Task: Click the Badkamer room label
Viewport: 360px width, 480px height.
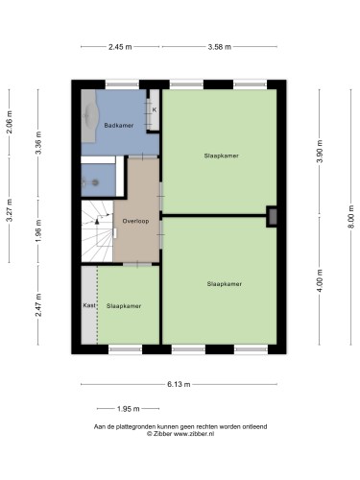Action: pos(119,126)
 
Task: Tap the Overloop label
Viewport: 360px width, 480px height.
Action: pos(135,221)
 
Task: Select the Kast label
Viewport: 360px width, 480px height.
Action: pos(89,305)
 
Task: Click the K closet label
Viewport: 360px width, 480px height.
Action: pos(155,109)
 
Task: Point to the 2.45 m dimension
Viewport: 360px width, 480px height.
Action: pos(120,47)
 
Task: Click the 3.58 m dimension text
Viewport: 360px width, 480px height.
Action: pos(220,47)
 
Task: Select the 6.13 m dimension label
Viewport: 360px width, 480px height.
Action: pos(179,384)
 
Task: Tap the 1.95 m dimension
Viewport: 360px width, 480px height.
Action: pos(129,409)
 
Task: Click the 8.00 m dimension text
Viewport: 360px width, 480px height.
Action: pos(350,217)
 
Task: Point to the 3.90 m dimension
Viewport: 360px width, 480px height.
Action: pos(320,152)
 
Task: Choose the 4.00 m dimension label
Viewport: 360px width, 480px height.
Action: pos(320,280)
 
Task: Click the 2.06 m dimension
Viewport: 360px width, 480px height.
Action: pos(10,122)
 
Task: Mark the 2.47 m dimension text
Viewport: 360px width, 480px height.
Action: pos(38,305)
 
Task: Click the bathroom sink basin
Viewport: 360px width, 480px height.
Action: pos(91,115)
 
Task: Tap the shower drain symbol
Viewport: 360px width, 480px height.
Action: pos(95,182)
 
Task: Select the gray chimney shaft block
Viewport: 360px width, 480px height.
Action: pos(273,217)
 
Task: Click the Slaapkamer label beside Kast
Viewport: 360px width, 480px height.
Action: pos(124,306)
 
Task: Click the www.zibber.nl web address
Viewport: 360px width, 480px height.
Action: pos(194,434)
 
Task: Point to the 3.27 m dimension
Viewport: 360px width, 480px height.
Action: pos(10,210)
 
